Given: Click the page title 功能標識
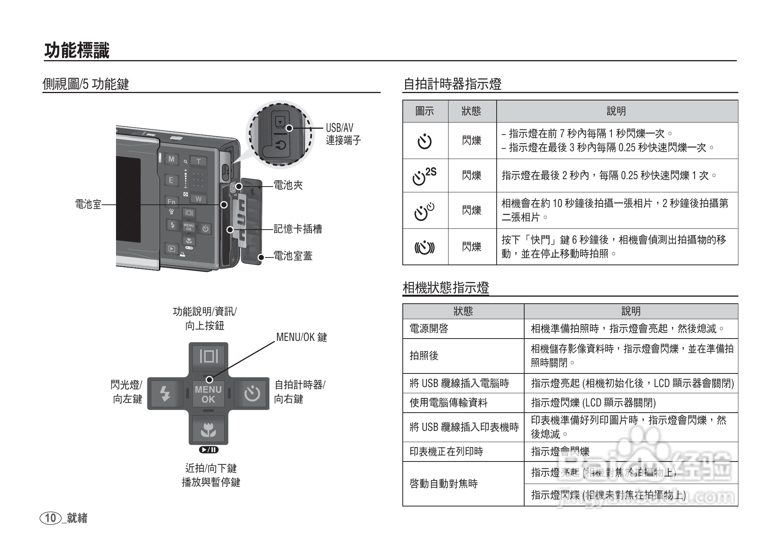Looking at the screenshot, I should pyautogui.click(x=77, y=50).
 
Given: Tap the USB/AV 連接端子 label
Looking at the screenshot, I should pyautogui.click(x=343, y=134).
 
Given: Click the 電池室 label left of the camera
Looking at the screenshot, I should pyautogui.click(x=88, y=204).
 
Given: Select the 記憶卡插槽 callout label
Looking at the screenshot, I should pyautogui.click(x=298, y=229).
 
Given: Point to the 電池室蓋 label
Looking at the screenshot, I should pyautogui.click(x=293, y=256).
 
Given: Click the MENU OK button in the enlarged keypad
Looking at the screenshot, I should pyautogui.click(x=208, y=394).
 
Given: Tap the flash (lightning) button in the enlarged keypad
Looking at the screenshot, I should pyautogui.click(x=166, y=394).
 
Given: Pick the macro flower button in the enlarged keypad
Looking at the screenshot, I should pyautogui.click(x=208, y=430).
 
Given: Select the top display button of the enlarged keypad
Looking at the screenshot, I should pyautogui.click(x=209, y=356).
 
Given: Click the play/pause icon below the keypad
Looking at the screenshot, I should pyautogui.click(x=209, y=450).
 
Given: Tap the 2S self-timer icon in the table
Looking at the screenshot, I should pyautogui.click(x=424, y=176).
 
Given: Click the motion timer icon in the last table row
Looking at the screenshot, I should pyautogui.click(x=425, y=247).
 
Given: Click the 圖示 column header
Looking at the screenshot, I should pyautogui.click(x=425, y=111).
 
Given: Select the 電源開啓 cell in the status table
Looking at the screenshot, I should pyautogui.click(x=429, y=329).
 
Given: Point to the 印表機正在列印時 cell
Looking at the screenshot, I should pyautogui.click(x=446, y=451).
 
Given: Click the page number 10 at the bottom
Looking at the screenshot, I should pyautogui.click(x=50, y=518).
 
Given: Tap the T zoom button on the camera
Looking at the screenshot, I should pyautogui.click(x=199, y=161).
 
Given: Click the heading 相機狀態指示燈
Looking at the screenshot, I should pyautogui.click(x=445, y=288).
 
